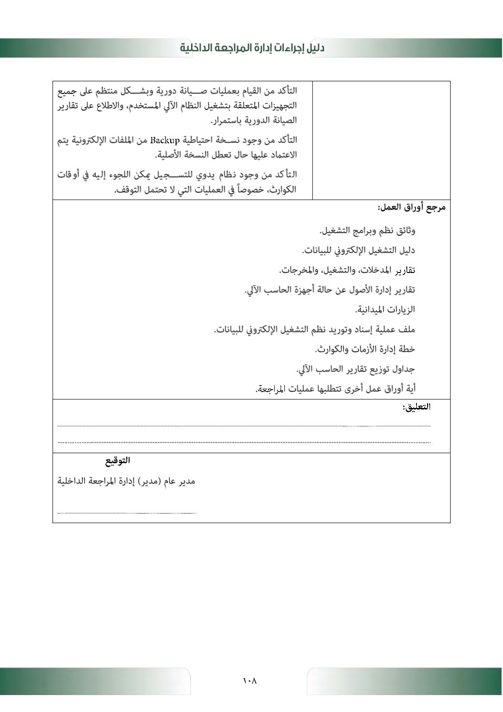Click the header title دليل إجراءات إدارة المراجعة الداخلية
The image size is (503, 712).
[252, 48]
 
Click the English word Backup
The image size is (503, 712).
[165, 140]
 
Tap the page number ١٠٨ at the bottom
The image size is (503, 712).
[250, 681]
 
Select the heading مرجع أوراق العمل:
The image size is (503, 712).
[412, 208]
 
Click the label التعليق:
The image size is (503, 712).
[416, 407]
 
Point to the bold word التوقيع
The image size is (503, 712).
[118, 461]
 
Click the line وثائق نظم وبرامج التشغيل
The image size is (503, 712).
[367, 230]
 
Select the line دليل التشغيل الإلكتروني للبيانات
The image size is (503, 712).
[358, 250]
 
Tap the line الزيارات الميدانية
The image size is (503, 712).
[385, 309]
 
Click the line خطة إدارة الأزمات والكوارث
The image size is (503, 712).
[365, 349]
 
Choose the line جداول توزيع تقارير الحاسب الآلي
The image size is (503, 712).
[355, 369]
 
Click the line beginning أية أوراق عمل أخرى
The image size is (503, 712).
[335, 389]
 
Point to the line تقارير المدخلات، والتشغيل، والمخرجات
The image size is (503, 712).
[347, 270]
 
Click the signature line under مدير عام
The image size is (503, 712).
[127, 513]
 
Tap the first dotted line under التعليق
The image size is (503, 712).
[244, 426]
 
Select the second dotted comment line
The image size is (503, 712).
[244, 442]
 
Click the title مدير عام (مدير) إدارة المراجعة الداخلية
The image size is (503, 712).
[126, 482]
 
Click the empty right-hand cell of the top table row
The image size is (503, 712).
[381, 140]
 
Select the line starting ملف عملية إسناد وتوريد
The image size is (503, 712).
[314, 330]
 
